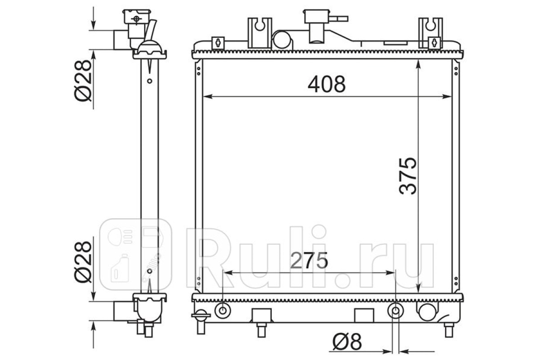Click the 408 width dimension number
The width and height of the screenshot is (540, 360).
326,84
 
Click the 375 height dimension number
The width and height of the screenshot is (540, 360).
408,176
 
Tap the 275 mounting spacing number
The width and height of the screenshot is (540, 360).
309,261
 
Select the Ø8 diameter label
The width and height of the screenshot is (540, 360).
347,342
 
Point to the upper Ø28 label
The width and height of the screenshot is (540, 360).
83,81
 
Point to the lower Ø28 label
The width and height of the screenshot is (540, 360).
83,262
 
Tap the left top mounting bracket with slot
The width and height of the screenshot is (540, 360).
260,33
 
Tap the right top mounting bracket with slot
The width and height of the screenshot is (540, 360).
430,33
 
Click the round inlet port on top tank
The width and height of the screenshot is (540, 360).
282,40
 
